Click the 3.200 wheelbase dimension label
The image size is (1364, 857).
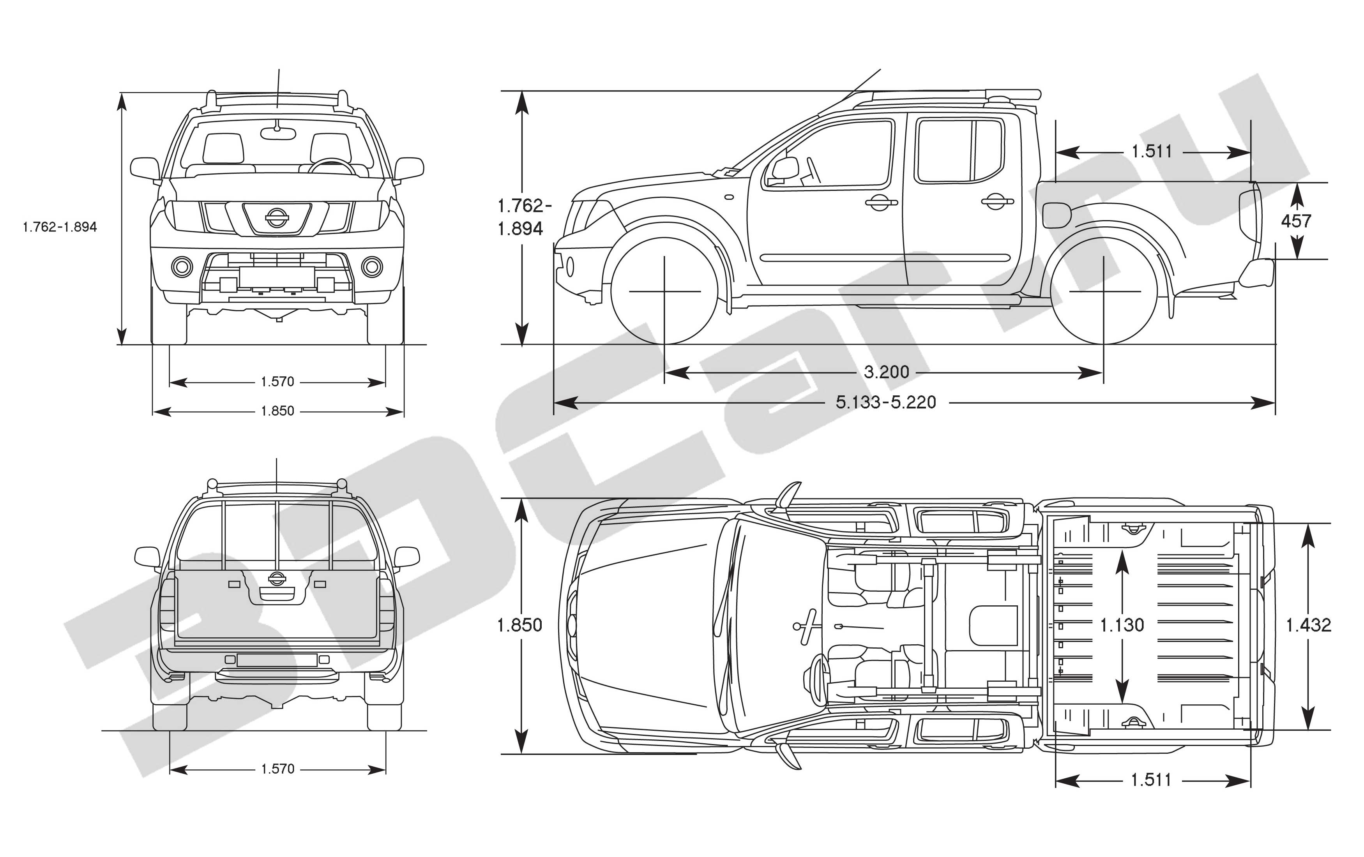tap(887, 372)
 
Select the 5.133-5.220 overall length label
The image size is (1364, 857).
tap(886, 402)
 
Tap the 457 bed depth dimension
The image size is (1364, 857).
tap(1296, 221)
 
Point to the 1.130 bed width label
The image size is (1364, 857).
tap(1122, 625)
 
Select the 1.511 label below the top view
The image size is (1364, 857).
tap(1151, 780)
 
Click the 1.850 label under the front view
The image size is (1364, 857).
tap(277, 411)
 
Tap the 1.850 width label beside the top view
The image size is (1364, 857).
tap(519, 625)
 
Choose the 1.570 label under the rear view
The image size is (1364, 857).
tap(277, 769)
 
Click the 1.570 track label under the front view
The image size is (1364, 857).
tap(277, 381)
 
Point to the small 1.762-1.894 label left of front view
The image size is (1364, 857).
tap(60, 227)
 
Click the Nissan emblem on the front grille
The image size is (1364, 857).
tap(276, 218)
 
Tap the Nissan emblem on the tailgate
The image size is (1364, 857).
tap(276, 578)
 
